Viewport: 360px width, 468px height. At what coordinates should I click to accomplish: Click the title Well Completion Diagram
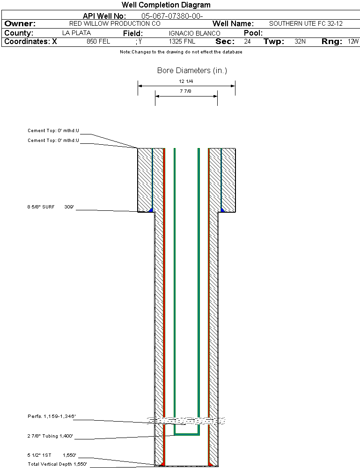coord(166,5)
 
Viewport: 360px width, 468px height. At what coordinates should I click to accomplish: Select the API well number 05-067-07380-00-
coord(172,16)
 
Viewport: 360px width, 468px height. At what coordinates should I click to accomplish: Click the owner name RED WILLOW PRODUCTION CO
coord(115,23)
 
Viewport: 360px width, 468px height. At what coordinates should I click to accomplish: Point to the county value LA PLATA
coord(76,33)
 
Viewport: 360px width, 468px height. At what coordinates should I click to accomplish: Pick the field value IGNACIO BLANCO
coord(194,33)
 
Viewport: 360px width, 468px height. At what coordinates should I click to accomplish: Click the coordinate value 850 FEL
coord(98,42)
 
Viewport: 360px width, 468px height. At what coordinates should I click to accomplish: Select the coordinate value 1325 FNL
coord(182,42)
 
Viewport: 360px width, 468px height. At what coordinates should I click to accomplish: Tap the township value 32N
coord(300,42)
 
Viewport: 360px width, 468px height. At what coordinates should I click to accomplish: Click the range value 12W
coord(353,42)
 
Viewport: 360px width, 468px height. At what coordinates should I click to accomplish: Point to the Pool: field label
coord(253,33)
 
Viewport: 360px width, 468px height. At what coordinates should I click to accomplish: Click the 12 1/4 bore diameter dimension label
coord(186,82)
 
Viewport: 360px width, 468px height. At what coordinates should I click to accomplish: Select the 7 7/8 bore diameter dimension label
coord(186,91)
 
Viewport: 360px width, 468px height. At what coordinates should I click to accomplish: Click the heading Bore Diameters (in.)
coord(192,71)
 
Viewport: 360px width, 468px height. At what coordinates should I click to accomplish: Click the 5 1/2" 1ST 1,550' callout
coord(51,455)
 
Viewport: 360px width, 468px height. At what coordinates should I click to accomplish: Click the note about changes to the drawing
coord(181,52)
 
